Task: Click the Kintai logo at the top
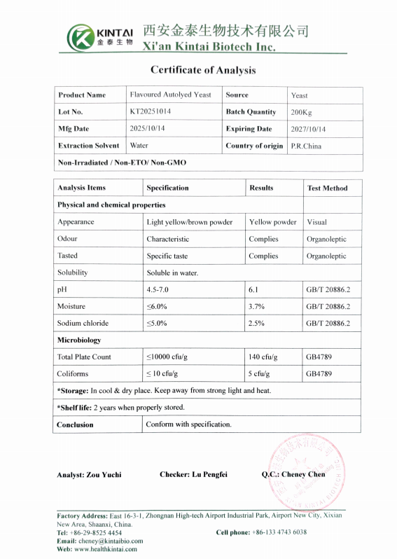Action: point(100,36)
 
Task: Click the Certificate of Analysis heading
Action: point(203,70)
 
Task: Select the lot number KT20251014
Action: point(151,111)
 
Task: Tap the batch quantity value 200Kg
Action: point(302,112)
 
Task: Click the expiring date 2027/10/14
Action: point(308,130)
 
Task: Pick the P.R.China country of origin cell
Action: point(306,146)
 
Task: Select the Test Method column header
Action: point(327,188)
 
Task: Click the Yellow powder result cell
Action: point(272,222)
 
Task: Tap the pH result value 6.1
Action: point(253,289)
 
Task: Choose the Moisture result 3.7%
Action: point(256,306)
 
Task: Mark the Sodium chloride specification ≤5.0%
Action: point(157,323)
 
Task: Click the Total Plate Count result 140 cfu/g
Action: point(263,357)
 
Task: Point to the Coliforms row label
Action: point(73,373)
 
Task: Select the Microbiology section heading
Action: point(79,340)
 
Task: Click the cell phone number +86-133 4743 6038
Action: point(279,532)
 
